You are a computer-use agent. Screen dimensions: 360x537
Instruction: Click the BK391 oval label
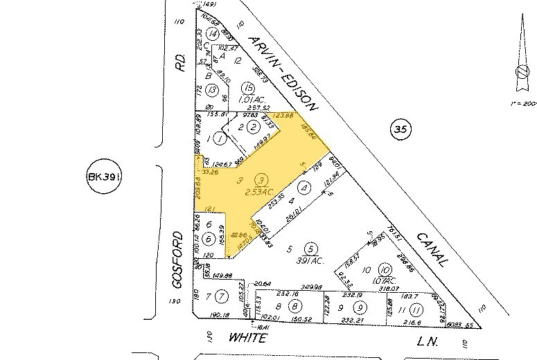[x=106, y=178]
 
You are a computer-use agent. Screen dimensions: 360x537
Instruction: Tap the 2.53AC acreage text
[x=260, y=190]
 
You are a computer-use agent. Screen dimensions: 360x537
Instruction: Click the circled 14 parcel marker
[x=213, y=33]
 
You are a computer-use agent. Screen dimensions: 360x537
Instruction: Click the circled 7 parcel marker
[x=220, y=297]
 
